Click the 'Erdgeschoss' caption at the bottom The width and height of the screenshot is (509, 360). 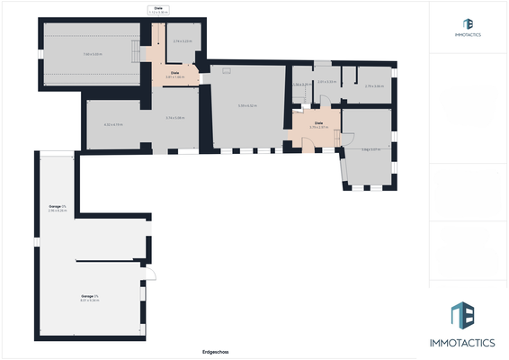(x=215, y=352)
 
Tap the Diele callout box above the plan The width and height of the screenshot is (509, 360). (x=158, y=10)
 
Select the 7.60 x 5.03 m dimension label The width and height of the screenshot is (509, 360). (x=93, y=54)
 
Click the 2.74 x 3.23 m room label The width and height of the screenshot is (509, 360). (x=183, y=41)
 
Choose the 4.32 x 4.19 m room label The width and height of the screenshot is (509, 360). (x=113, y=124)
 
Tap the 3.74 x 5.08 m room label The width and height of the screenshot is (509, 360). (x=174, y=118)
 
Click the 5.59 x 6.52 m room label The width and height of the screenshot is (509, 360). (x=247, y=106)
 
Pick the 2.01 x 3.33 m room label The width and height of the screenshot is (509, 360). (x=326, y=82)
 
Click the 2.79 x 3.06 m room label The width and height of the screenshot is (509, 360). (x=374, y=85)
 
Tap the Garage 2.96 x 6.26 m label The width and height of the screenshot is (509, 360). (x=58, y=209)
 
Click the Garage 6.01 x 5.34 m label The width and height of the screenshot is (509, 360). (x=90, y=297)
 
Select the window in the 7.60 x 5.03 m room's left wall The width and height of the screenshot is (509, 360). (x=39, y=54)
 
